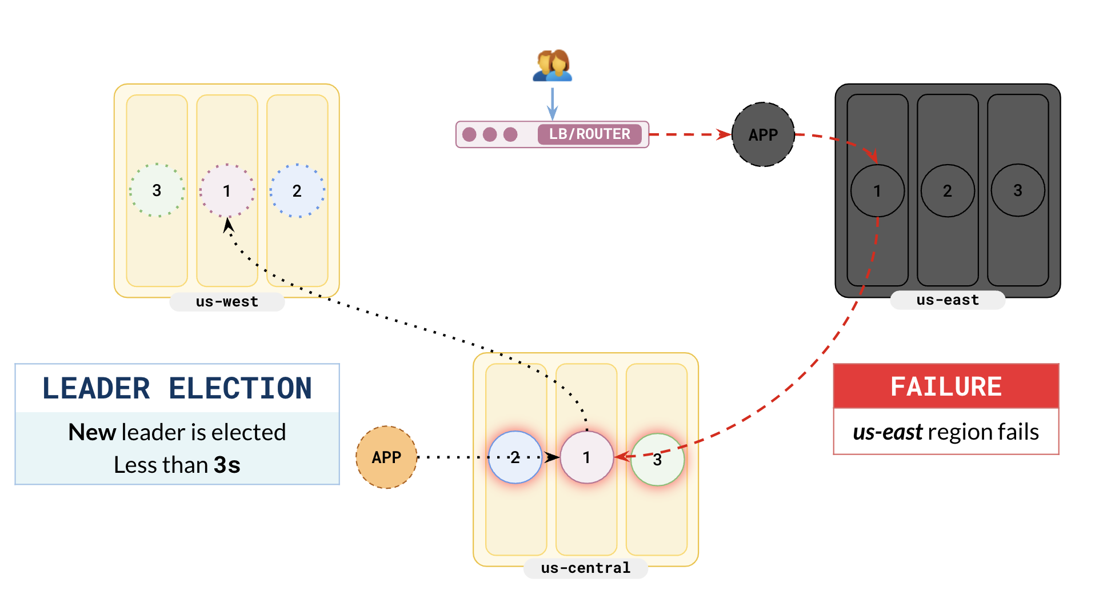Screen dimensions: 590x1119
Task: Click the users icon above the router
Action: click(552, 65)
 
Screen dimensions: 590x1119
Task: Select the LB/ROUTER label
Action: click(589, 134)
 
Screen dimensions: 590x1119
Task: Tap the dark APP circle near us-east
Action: click(763, 135)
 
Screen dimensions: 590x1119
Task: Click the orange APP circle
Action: click(386, 457)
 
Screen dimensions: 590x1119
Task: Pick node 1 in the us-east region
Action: click(877, 191)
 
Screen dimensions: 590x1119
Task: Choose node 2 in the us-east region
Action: click(948, 191)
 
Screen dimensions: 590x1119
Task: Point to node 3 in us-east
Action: click(1018, 190)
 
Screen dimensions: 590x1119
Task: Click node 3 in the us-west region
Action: click(157, 190)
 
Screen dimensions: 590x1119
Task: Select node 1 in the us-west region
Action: click(227, 190)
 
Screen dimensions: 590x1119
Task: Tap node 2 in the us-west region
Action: click(297, 190)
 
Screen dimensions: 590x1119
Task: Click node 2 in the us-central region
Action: click(515, 457)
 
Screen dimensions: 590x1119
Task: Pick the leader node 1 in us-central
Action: click(586, 457)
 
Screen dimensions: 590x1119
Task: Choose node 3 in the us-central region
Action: click(657, 459)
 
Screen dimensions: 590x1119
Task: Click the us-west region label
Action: click(227, 302)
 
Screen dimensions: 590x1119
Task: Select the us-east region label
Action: click(948, 300)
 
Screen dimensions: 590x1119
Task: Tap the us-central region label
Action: click(585, 568)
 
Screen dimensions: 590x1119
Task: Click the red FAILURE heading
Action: click(946, 386)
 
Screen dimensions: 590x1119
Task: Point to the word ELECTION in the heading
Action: click(240, 389)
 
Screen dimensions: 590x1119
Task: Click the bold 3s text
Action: click(227, 465)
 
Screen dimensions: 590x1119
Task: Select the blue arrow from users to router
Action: click(552, 103)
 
